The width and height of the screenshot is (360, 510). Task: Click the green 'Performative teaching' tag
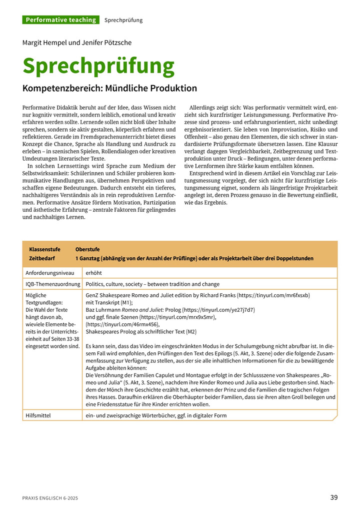click(60, 20)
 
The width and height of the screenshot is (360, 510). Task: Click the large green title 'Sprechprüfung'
click(98, 66)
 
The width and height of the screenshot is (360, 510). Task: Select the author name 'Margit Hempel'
click(44, 43)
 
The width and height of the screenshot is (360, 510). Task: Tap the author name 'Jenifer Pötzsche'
click(107, 43)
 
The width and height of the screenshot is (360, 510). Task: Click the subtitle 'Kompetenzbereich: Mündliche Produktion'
click(110, 89)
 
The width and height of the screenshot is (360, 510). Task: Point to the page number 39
click(334, 497)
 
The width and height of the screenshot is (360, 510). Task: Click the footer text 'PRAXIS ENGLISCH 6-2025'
click(50, 498)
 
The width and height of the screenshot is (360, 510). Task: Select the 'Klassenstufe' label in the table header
click(44, 249)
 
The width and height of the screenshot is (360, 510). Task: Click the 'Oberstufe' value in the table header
click(87, 249)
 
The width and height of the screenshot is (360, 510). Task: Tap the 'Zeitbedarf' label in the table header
click(42, 259)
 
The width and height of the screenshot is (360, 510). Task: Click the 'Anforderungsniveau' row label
click(49, 273)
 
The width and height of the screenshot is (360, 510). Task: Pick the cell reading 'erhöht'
click(93, 273)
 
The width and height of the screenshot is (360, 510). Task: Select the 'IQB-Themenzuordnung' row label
click(52, 284)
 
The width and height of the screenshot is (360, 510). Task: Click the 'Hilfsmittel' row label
click(39, 415)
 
